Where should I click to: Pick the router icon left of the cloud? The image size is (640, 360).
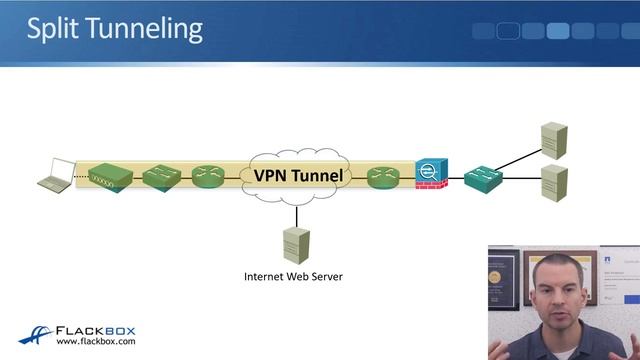click(210, 177)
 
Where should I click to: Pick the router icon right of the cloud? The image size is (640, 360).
click(383, 177)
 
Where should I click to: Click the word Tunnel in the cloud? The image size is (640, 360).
click(321, 176)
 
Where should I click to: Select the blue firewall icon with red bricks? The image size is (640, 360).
click(432, 175)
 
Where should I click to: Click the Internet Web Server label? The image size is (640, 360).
click(294, 276)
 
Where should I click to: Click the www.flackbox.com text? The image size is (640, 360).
click(96, 341)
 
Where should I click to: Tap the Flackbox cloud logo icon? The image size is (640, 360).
click(35, 334)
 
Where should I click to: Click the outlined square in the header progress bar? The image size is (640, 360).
click(508, 30)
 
